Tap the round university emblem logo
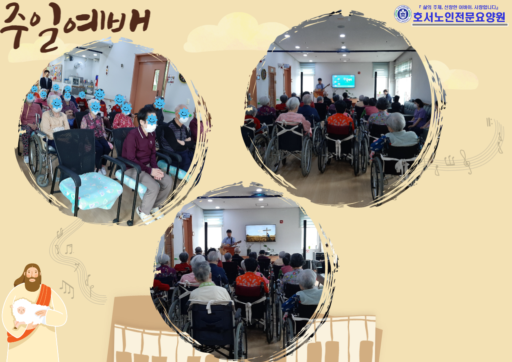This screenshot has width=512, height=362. point(403,14)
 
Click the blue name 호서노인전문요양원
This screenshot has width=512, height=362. point(459,17)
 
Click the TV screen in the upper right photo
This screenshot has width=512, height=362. point(343,81)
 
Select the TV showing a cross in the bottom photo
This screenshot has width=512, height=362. point(260,233)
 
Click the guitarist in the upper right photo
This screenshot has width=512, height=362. point(320,87)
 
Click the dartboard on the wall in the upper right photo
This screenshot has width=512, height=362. point(264,74)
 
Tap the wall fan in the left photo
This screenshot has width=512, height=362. point(78,65)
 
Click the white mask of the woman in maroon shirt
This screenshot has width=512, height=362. point(150,128)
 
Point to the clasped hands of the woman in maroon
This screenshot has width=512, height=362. point(158,173)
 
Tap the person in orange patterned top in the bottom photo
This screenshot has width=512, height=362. point(252,277)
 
